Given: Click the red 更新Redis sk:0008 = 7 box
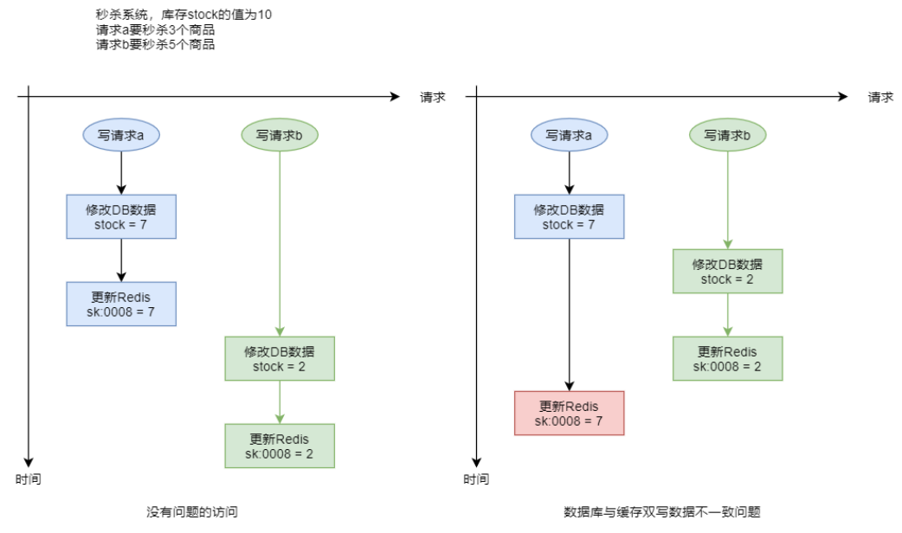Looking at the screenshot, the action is [569, 414].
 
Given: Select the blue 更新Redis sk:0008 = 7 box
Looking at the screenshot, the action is [121, 305].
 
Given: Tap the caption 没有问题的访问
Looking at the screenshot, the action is [192, 511].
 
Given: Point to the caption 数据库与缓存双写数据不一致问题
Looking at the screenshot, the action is [662, 511].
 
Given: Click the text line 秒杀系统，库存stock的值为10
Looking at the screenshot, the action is [184, 15].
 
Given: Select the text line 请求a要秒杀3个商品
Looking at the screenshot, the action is [155, 29].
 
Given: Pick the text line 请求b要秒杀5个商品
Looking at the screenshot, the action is [155, 44].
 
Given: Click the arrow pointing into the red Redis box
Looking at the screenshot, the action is [569, 315].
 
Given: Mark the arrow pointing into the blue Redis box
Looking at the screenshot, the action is [121, 260].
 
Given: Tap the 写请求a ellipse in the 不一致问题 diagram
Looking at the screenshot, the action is [569, 135].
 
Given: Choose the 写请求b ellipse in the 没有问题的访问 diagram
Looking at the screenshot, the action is [280, 135].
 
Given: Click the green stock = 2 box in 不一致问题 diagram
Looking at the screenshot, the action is [728, 272].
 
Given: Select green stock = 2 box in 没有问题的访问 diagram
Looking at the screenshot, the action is [280, 359].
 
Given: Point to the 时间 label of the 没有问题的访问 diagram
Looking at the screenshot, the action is [29, 479].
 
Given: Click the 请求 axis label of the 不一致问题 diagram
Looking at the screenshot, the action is [880, 97].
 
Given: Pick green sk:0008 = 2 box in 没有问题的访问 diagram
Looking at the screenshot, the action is [280, 446].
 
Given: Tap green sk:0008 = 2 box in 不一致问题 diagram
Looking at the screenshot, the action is [728, 359].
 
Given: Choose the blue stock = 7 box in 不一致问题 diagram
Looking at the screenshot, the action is [569, 217].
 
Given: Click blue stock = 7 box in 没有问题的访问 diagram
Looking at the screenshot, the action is [121, 217].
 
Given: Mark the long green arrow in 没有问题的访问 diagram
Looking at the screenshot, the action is [280, 244].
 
